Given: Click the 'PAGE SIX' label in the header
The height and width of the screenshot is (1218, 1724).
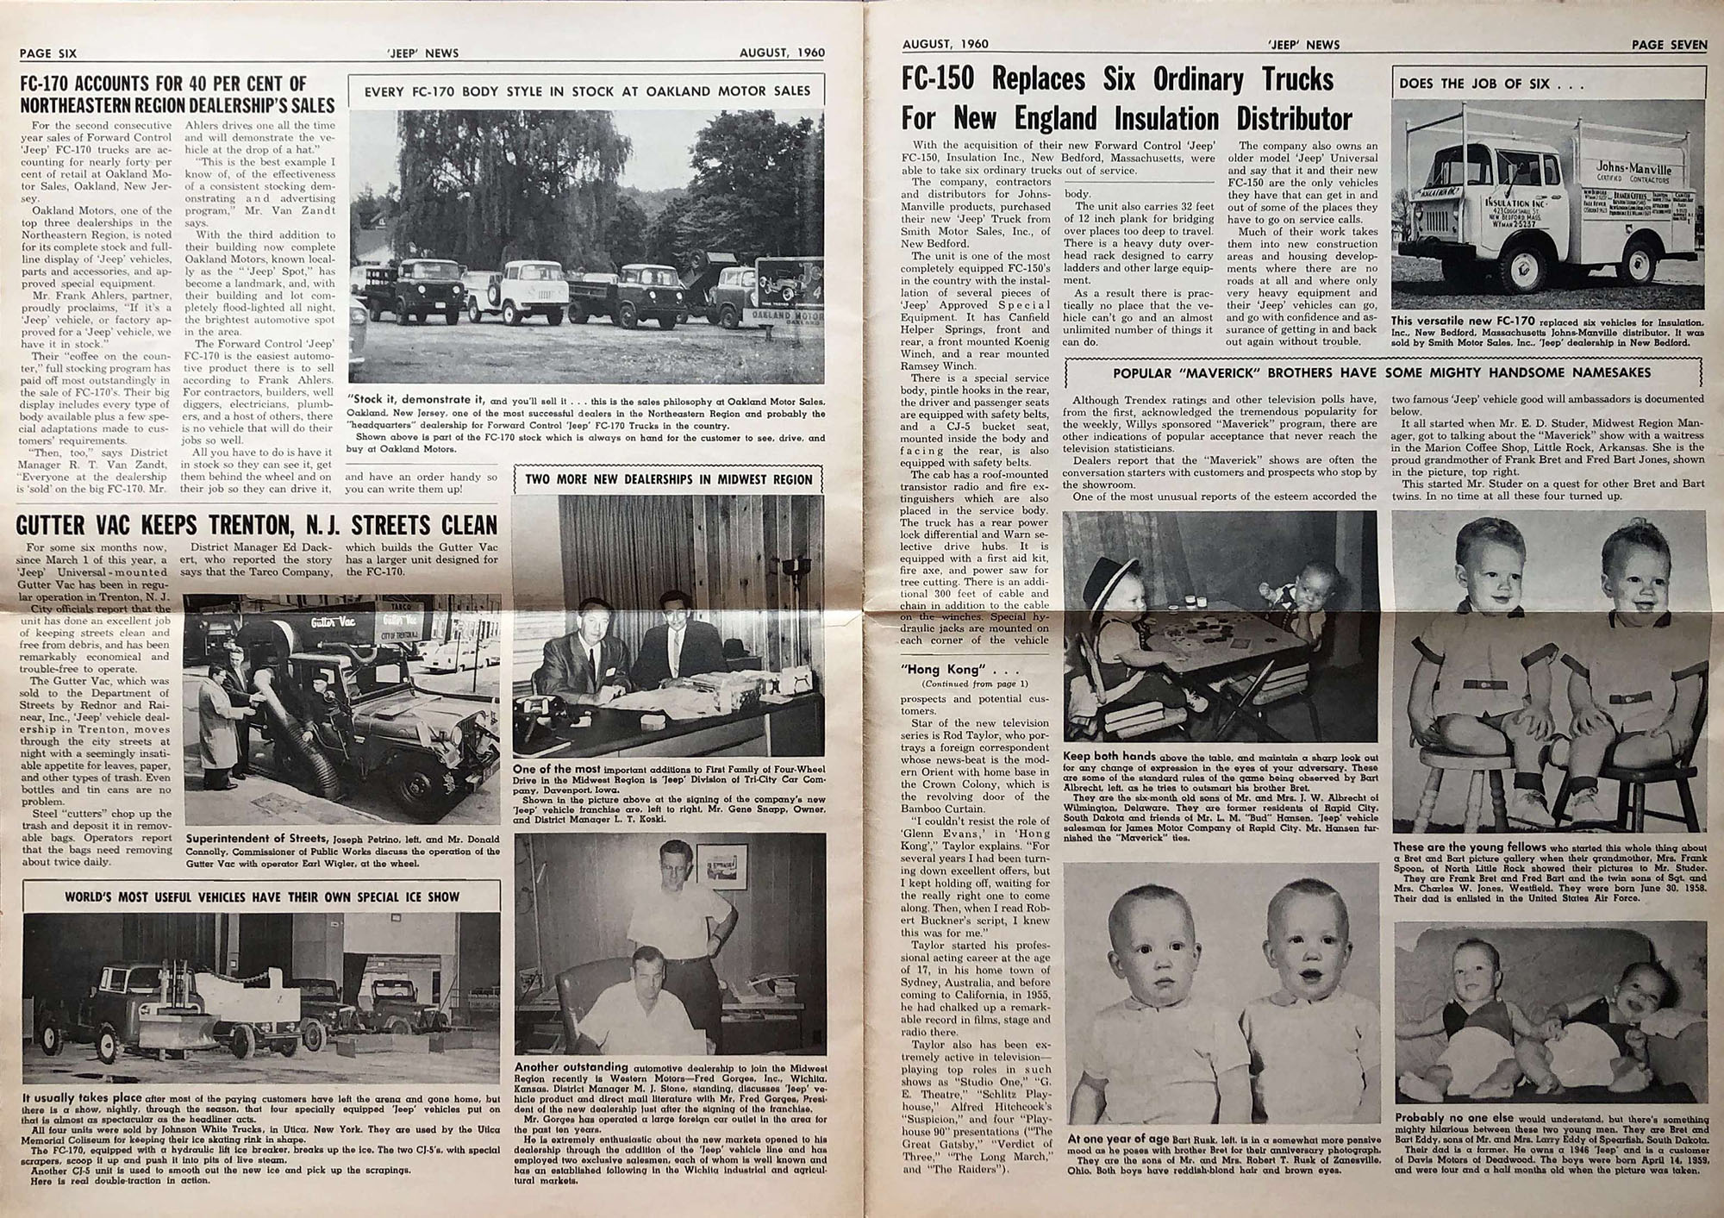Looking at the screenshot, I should click(48, 53).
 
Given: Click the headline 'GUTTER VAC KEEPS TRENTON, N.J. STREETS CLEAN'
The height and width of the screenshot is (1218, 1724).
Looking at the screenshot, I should click(257, 525).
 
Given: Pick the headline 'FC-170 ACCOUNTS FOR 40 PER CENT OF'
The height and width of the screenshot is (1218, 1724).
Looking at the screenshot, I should click(164, 84).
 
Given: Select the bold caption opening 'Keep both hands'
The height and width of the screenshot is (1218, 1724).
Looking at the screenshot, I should click(1109, 756).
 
